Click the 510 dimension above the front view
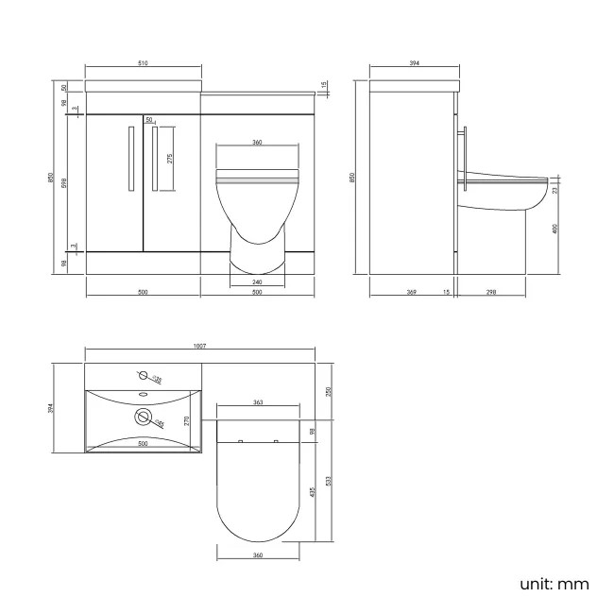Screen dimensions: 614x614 (143, 63)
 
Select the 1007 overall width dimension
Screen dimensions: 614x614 (199, 347)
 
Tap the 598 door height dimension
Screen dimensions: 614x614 (63, 183)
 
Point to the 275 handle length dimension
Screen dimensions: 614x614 (170, 159)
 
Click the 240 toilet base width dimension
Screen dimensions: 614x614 (257, 281)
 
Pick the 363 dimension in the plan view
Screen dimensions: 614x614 (258, 403)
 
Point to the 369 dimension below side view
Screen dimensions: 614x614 (412, 292)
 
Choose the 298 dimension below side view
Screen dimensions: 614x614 (492, 292)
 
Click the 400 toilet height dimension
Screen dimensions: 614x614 (555, 228)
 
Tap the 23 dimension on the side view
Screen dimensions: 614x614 (555, 190)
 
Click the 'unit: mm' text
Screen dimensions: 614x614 (554, 584)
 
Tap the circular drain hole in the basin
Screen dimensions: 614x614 (145, 415)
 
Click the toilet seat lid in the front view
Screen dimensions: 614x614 (257, 176)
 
